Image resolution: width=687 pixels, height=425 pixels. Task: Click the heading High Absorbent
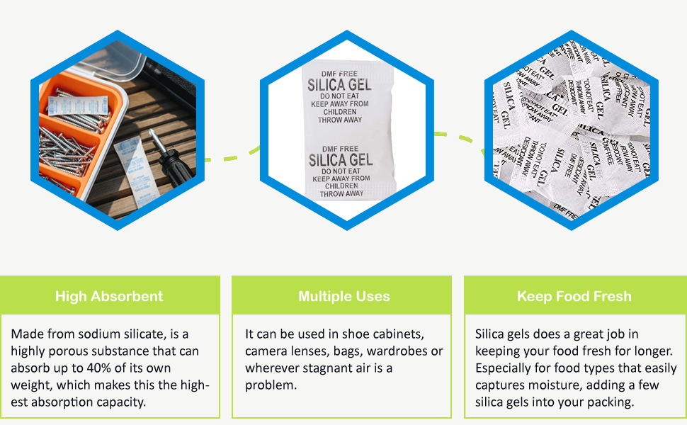[x=109, y=296]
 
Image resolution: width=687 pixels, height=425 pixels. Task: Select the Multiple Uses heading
[x=343, y=296]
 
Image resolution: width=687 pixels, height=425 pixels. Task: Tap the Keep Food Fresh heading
[x=574, y=296]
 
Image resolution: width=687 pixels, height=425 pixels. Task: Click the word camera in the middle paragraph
[x=266, y=351]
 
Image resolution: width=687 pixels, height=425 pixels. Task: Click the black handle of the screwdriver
[x=175, y=166]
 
